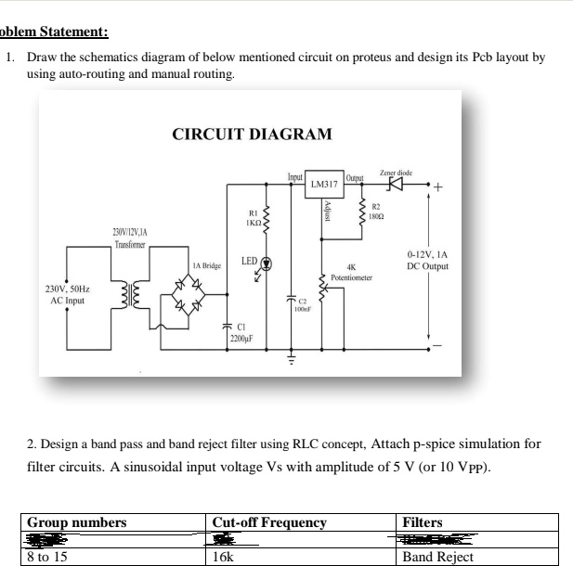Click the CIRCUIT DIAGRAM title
coord(252,134)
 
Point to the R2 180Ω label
coord(377,212)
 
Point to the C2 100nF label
coord(302,305)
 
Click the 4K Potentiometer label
coord(351,272)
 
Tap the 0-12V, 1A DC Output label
coord(427,261)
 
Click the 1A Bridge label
coord(204,265)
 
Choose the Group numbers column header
coord(77,522)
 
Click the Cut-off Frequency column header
coord(269,522)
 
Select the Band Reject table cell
coord(437,557)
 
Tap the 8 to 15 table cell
coord(47,557)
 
